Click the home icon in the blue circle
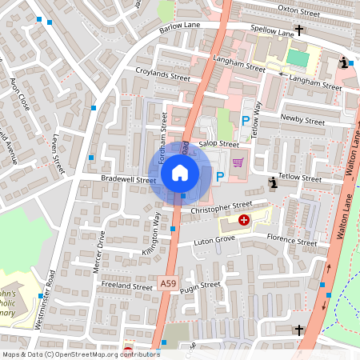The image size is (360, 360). [180, 173]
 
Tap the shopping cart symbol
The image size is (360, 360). [238, 162]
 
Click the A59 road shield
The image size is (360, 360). [167, 283]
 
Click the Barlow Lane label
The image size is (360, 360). [181, 26]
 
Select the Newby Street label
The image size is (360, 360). [302, 121]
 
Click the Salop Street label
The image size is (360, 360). [219, 144]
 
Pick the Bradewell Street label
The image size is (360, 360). [129, 180]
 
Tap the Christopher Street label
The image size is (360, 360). [222, 207]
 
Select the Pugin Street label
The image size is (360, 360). [200, 286]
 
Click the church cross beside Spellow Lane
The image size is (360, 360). [299, 30]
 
